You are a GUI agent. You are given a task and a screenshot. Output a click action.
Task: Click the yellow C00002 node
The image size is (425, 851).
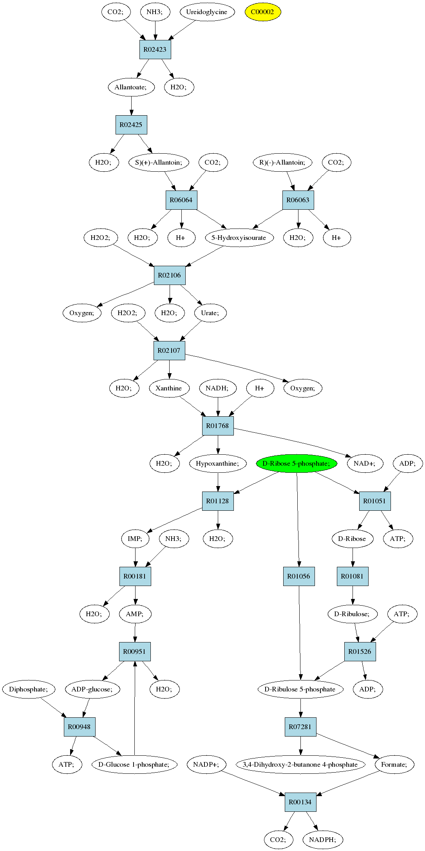click(263, 12)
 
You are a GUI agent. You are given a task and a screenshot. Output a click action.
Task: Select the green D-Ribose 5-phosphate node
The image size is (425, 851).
click(297, 463)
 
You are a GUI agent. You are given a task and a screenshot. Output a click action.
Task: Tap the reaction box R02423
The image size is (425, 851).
click(155, 49)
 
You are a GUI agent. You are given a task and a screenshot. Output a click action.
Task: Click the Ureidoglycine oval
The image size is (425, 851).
click(207, 12)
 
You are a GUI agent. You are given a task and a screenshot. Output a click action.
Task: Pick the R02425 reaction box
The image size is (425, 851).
click(131, 125)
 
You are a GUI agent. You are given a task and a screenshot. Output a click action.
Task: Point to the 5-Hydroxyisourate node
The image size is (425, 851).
click(239, 238)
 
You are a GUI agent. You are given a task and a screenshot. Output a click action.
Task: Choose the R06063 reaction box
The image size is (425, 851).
click(298, 200)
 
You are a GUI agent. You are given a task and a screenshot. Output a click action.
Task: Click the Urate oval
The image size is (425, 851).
click(210, 313)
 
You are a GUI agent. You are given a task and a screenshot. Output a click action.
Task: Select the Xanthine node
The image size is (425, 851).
click(169, 388)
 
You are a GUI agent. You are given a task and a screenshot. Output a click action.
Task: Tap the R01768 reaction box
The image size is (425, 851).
click(218, 426)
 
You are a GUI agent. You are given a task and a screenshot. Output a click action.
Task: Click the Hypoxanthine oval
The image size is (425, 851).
click(218, 463)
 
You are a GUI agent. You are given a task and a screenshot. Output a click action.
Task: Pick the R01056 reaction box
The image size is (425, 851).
click(299, 576)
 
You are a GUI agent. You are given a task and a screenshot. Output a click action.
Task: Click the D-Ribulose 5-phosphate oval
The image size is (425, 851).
click(300, 689)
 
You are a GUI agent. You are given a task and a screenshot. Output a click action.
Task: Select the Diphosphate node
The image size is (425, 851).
click(29, 689)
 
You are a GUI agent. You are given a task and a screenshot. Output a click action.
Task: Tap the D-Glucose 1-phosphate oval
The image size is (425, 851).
click(134, 764)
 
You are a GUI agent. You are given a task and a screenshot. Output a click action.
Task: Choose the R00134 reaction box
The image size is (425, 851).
click(300, 802)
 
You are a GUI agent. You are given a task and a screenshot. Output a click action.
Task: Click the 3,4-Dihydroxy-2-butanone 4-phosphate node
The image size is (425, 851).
click(300, 764)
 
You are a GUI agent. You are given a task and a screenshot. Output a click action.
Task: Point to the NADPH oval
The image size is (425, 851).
click(323, 840)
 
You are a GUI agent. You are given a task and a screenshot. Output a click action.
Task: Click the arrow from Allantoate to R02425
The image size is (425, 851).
click(131, 106)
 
